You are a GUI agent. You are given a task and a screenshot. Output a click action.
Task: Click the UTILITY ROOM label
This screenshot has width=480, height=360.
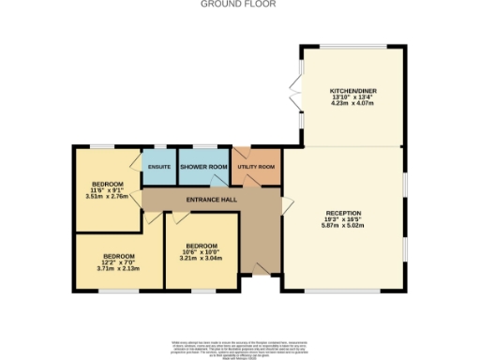(256, 167)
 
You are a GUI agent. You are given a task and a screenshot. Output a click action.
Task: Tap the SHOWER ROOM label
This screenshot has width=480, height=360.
(203, 167)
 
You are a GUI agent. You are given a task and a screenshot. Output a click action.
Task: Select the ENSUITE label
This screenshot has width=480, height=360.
(158, 167)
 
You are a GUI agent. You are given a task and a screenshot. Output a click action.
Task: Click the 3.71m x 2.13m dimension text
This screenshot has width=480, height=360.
(118, 269)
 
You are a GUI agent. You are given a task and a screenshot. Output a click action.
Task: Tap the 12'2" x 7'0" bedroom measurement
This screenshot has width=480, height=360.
(118, 262)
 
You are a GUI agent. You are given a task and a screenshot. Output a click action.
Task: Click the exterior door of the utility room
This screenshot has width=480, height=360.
(240, 152)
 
